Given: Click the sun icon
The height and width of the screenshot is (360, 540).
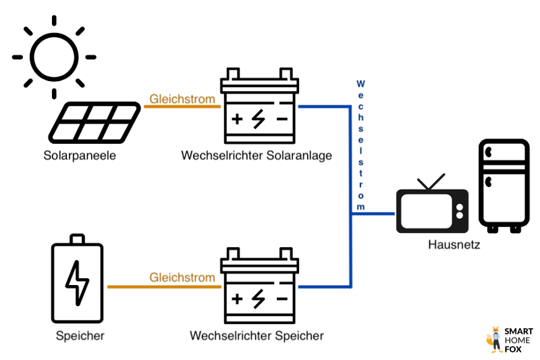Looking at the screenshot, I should [x=53, y=57].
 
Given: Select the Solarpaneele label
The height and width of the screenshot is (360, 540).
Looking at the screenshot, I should [x=80, y=155].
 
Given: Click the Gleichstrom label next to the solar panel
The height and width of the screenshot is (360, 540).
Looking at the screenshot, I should [x=182, y=99].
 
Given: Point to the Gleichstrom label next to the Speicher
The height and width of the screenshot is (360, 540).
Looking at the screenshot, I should [x=182, y=278].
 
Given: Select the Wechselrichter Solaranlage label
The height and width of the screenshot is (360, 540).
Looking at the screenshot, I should [x=256, y=155].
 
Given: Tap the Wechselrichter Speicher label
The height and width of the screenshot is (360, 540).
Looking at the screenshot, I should [x=256, y=335].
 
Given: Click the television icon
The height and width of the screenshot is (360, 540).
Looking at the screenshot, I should [x=431, y=210].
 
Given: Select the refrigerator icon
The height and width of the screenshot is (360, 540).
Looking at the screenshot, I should [x=504, y=185].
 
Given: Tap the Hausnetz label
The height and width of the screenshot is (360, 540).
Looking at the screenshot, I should [x=454, y=245].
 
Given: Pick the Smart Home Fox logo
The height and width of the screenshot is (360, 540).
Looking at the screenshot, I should [x=509, y=340].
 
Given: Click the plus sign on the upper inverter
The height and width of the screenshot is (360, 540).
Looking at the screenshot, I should [x=238, y=120].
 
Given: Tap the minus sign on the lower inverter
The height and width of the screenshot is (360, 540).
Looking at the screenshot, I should [x=281, y=298].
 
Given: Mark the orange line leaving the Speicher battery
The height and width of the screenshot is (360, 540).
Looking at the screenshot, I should [x=162, y=287].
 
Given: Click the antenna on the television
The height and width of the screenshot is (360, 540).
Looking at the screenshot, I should [x=431, y=182].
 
